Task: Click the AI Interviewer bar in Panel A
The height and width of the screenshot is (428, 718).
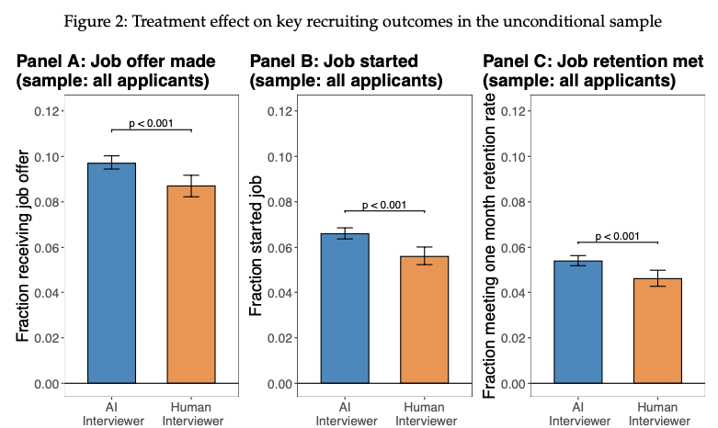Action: coord(111,273)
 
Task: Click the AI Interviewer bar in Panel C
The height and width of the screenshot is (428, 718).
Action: coord(578,321)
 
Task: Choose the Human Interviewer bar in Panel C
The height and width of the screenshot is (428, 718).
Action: coord(657,331)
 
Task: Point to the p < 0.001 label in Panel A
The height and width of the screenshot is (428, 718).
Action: coord(152,122)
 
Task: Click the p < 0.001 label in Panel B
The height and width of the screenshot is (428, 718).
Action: coord(384,204)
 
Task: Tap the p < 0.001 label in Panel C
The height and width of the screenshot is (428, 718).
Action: coord(618,235)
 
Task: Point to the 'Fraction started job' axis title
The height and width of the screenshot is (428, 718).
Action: coord(256,248)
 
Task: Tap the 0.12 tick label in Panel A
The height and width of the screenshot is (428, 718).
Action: coord(47,111)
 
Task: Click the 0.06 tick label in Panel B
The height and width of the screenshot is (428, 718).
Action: coord(280,247)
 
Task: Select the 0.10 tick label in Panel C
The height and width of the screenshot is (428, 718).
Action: coord(514,156)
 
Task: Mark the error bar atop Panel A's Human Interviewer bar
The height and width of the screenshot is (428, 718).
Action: coord(190,186)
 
